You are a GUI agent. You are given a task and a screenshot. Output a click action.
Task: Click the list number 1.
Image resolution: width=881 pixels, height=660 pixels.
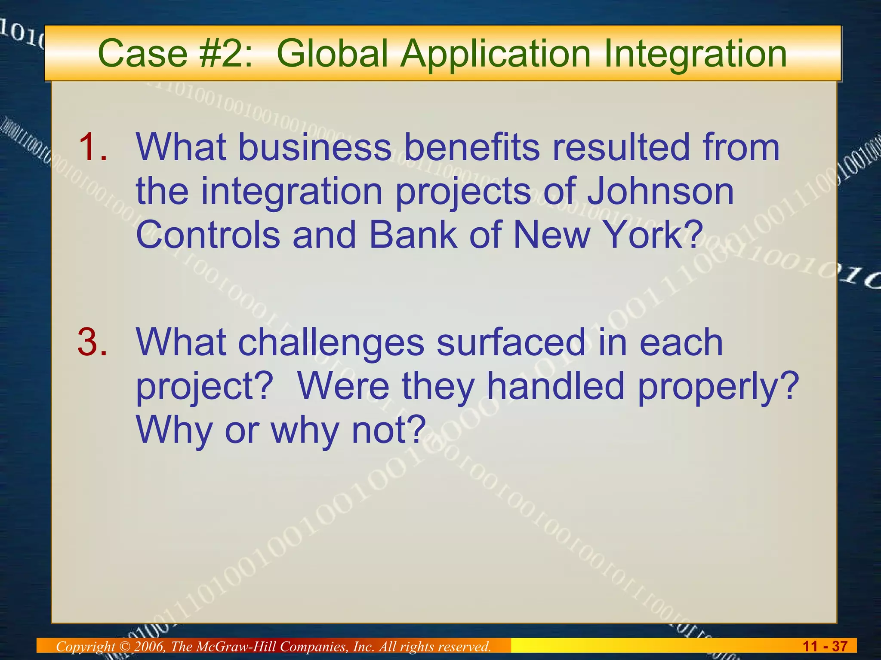(92, 147)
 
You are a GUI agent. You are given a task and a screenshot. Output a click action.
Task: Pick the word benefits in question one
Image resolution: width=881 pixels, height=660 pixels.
(471, 147)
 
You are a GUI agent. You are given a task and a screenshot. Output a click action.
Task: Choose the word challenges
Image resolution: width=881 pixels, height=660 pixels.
(331, 343)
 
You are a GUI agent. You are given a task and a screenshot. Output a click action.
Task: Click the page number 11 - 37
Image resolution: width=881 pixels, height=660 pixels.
(825, 646)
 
